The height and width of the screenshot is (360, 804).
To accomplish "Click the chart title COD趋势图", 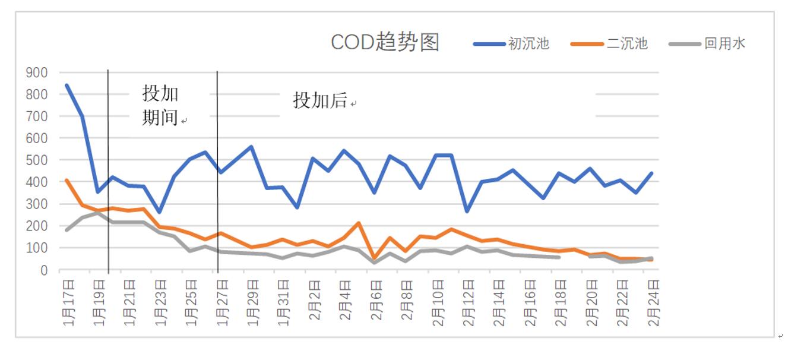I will click(x=385, y=43).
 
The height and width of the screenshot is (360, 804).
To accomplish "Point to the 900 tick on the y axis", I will click(x=36, y=72).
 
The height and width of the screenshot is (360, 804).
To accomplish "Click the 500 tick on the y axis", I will click(x=36, y=160).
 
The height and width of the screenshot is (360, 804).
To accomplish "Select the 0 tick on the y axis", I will click(x=43, y=270).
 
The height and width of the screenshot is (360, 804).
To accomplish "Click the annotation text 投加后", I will click(x=320, y=100).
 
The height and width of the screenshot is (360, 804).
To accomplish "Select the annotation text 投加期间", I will click(x=160, y=105).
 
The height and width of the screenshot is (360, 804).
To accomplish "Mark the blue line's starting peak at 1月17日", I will click(x=67, y=85).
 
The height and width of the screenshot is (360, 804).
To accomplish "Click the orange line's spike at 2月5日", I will click(x=359, y=223).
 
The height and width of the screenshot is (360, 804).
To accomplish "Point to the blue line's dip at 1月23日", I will click(x=159, y=212).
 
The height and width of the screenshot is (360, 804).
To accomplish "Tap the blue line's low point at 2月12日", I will click(x=467, y=211).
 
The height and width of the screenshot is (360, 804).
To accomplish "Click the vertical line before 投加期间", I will click(x=108, y=172).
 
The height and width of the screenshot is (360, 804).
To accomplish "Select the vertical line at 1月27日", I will click(x=217, y=172).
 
